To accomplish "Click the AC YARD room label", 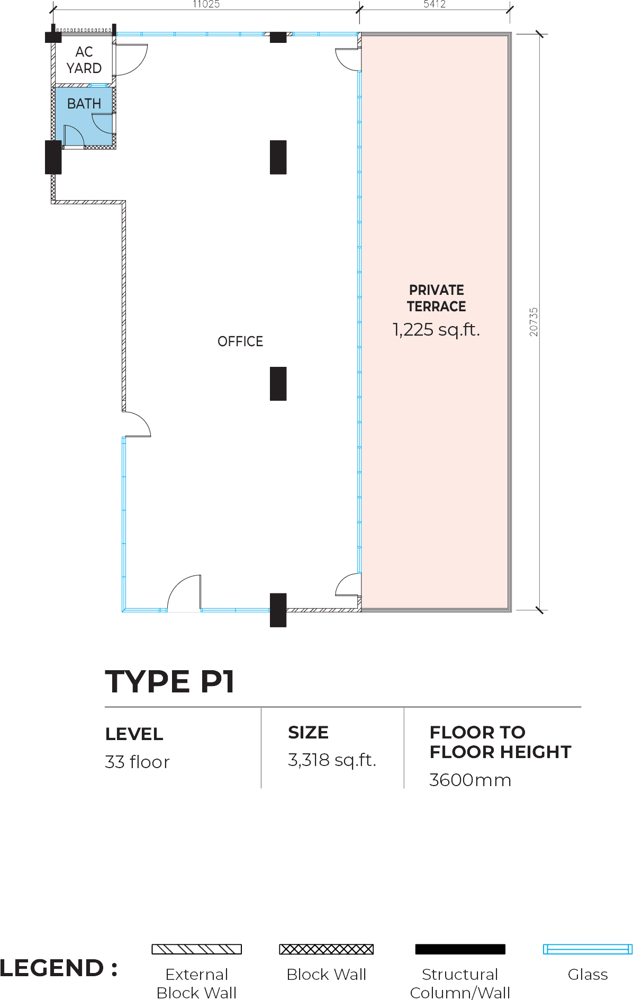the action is pos(84,60).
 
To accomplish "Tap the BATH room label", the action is pos(84,104).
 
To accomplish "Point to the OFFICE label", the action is pos(240,341).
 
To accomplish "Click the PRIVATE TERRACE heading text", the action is pos(437,298).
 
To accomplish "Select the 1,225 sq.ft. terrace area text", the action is pos(436,330).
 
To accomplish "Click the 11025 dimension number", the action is pos(206,4).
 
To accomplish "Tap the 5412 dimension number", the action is pos(435,4).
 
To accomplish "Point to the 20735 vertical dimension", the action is pos(533,322).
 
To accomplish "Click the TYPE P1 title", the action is pos(170,681).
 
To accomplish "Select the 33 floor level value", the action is pos(137,762).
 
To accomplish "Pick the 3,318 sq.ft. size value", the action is pos(332,760).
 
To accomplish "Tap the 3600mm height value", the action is pos(471,780).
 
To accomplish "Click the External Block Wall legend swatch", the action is pos(197,949).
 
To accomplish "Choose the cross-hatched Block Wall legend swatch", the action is pos(327,949).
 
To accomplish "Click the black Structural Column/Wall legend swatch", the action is pos(460,949).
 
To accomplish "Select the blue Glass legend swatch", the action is pos(587,949).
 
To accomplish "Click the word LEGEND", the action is pos(52,968).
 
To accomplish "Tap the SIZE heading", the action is pos(308,733).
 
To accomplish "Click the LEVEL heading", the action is pos(134,734).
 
